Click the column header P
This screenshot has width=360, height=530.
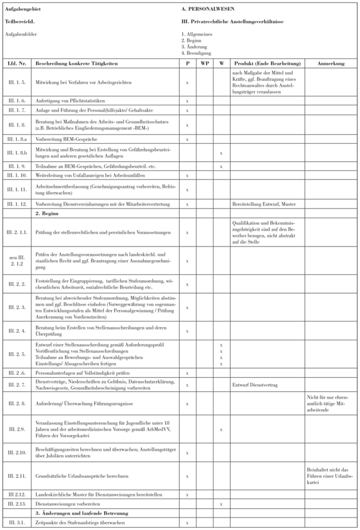click(187, 64)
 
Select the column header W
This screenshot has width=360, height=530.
click(221, 64)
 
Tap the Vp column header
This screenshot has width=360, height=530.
click(204, 64)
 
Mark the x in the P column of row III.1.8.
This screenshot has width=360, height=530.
click(187, 124)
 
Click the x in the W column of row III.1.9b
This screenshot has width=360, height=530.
click(221, 152)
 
